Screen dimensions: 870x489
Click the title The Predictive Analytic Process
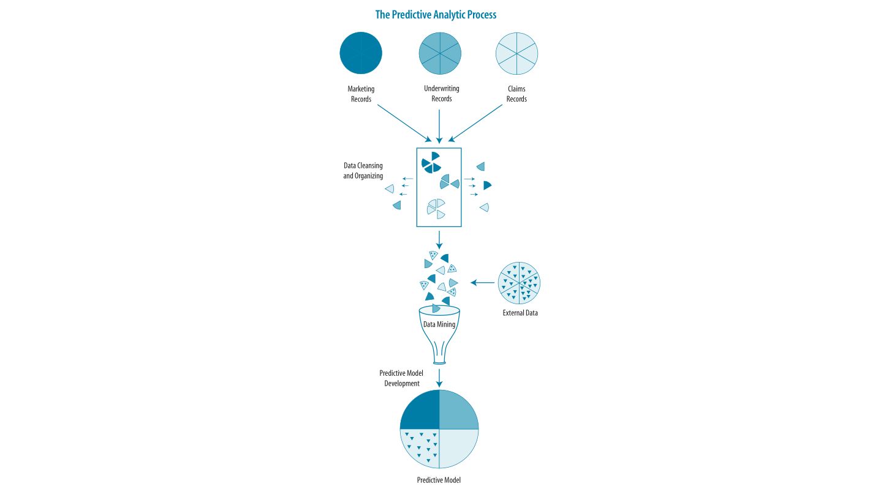[436, 15]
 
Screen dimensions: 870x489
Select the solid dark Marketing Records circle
[361, 53]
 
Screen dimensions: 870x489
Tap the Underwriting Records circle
[440, 53]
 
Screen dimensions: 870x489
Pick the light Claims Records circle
[516, 53]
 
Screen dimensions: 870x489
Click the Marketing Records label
[361, 94]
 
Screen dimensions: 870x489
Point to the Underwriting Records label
[442, 94]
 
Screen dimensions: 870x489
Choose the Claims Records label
[516, 94]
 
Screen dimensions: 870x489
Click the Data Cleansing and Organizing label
[363, 171]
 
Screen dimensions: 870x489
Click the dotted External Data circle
[519, 283]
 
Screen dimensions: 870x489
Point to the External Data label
[520, 313]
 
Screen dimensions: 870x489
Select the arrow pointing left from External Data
[482, 283]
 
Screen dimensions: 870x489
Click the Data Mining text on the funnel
[439, 324]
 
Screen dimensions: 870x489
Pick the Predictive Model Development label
[401, 378]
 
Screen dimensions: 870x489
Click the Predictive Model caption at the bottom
[439, 480]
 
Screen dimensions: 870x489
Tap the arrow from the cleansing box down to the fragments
[439, 240]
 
